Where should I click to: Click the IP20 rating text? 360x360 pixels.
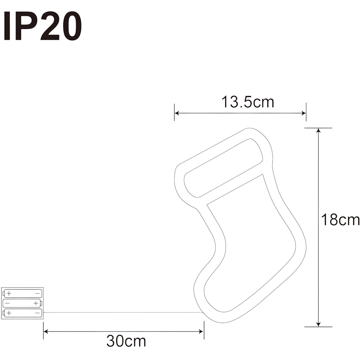tap(42, 26)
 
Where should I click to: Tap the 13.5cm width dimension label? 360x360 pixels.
tap(248, 102)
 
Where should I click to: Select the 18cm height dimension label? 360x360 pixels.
tap(340, 220)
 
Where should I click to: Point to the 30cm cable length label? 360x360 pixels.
tap(126, 341)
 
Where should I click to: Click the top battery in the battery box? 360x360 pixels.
tap(22, 293)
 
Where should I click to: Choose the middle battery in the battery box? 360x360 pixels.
tap(22, 303)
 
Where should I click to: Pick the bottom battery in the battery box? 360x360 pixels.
tap(22, 313)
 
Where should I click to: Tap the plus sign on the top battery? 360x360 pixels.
tap(9, 293)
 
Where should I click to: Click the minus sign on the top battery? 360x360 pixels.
tap(37, 293)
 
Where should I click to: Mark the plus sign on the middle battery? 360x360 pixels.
tap(36, 303)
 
